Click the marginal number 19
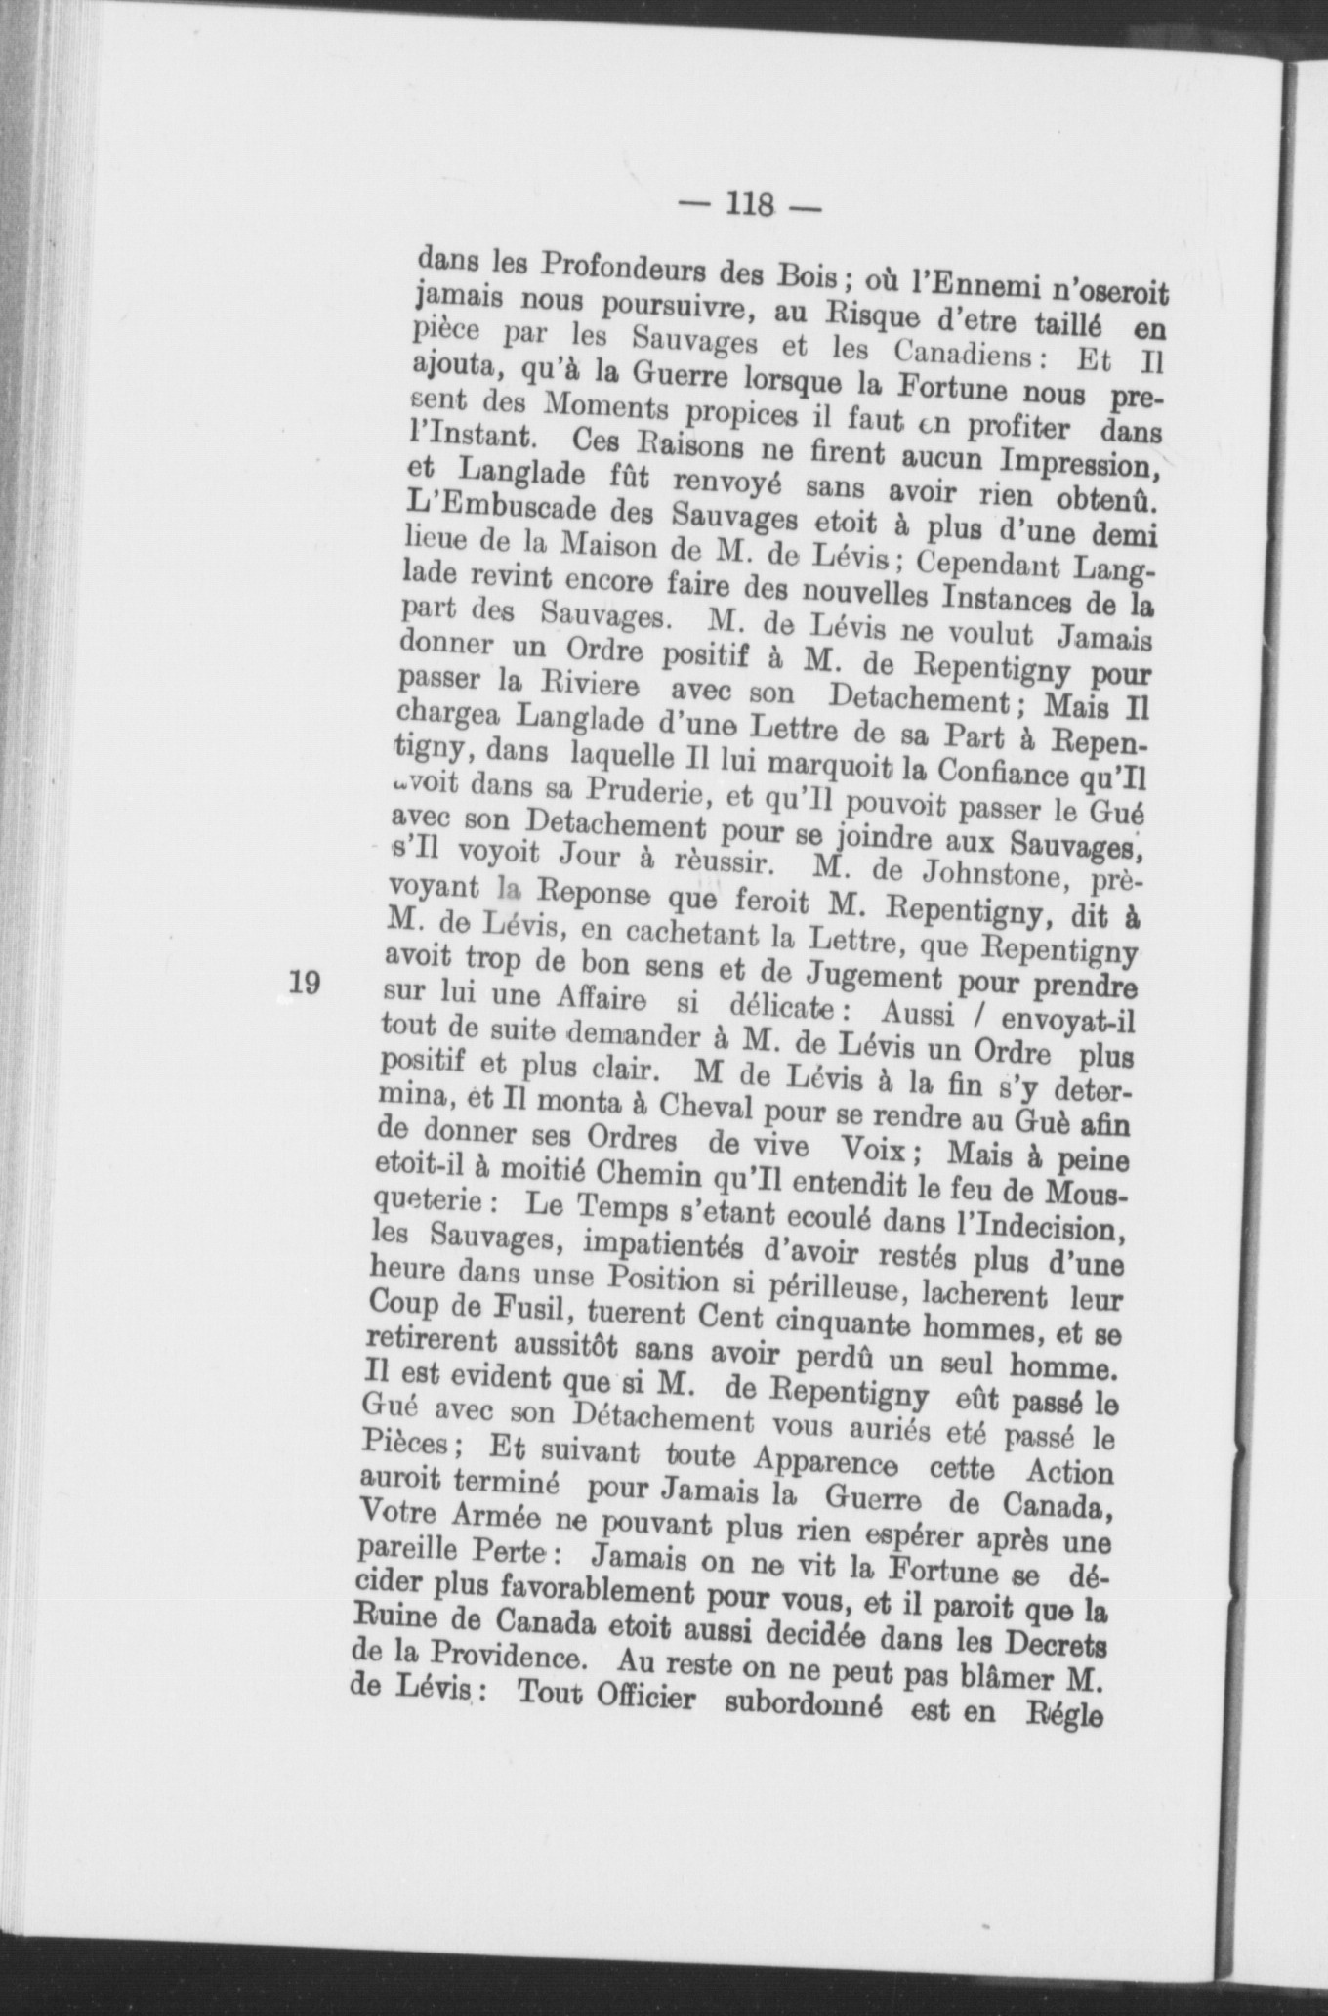[x=305, y=982]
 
